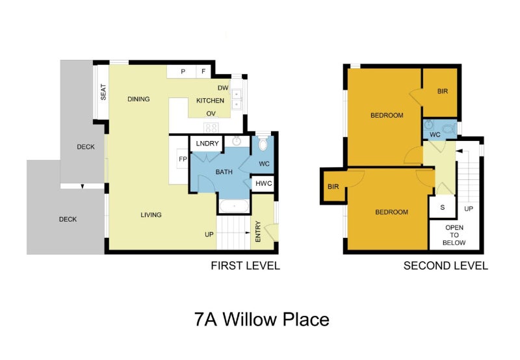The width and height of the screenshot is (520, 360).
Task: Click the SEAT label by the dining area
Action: (x=103, y=92)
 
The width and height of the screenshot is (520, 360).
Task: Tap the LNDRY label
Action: (x=207, y=143)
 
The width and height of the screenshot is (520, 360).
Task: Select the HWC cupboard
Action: (x=263, y=184)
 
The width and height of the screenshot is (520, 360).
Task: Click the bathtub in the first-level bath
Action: (x=234, y=206)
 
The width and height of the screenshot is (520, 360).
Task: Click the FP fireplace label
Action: (x=183, y=159)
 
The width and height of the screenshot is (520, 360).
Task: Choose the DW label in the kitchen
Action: (x=223, y=88)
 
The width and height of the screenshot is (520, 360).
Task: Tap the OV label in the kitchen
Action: (x=211, y=113)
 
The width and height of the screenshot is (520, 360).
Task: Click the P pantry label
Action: (x=183, y=71)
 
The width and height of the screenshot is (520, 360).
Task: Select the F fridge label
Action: (x=203, y=71)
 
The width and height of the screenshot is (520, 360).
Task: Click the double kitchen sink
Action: (x=237, y=99)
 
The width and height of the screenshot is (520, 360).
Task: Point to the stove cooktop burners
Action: (x=211, y=127)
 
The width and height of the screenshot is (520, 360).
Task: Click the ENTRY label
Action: (x=258, y=231)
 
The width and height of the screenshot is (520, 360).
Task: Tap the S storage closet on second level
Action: (x=443, y=207)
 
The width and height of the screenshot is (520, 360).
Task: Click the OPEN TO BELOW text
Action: (x=454, y=235)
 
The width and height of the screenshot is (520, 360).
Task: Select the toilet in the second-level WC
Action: (x=450, y=128)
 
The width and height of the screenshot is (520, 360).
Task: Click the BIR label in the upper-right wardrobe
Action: (x=443, y=91)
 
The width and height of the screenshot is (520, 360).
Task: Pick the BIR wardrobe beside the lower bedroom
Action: (x=333, y=186)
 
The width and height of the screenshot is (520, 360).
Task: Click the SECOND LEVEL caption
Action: (x=446, y=266)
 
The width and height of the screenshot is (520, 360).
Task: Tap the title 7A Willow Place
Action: (x=262, y=319)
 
